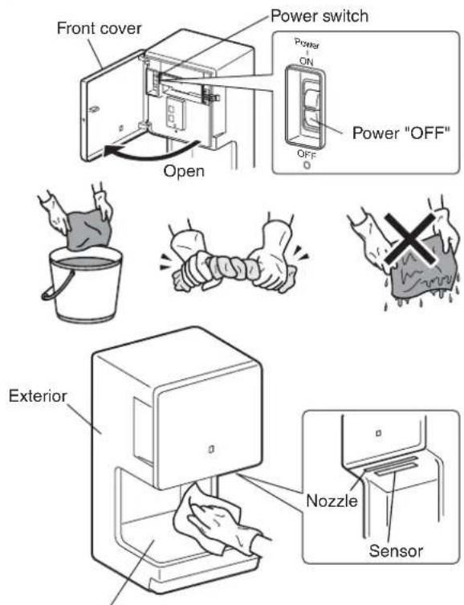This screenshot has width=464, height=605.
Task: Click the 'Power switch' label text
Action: pyautogui.click(x=320, y=16)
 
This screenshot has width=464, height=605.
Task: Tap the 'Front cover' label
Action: pyautogui.click(x=99, y=28)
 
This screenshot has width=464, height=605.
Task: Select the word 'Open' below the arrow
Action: pyautogui.click(x=184, y=171)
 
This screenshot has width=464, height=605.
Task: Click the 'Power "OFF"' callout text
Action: pyautogui.click(x=401, y=133)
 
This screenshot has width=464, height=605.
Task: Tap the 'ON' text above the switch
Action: pyautogui.click(x=307, y=61)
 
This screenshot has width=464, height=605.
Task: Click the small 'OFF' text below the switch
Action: pyautogui.click(x=307, y=154)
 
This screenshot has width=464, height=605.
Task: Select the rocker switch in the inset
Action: pyautogui.click(x=311, y=105)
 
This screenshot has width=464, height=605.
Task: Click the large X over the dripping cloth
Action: pyautogui.click(x=410, y=239)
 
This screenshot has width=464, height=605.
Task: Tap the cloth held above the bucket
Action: pyautogui.click(x=88, y=230)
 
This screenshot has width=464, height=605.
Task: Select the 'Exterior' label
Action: pyautogui.click(x=38, y=396)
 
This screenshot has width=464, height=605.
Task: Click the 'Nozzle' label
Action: pyautogui.click(x=332, y=501)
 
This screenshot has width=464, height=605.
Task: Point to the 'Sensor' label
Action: pyautogui.click(x=396, y=550)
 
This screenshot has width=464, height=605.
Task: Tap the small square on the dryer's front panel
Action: pyautogui.click(x=211, y=449)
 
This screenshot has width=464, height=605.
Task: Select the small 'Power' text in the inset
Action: pyautogui.click(x=307, y=43)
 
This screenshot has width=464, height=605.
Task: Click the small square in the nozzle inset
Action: pyautogui.click(x=378, y=433)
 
